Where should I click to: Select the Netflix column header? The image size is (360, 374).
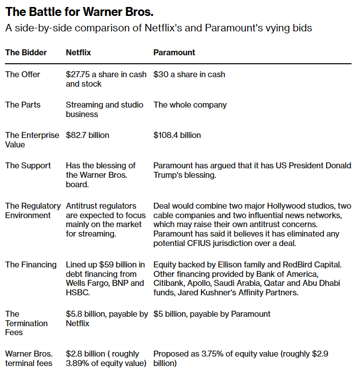(78, 52)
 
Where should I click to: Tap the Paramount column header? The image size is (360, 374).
(174, 52)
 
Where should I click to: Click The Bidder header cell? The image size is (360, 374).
(26, 52)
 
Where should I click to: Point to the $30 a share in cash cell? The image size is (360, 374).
(189, 74)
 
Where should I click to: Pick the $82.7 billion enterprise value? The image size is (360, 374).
(87, 135)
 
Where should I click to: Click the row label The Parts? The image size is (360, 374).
(23, 105)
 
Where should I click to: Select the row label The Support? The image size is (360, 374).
(27, 165)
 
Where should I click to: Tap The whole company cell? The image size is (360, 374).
(190, 105)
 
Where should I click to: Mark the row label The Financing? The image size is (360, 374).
(31, 264)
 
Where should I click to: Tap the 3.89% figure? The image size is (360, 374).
(80, 363)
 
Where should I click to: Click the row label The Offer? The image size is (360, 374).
(23, 74)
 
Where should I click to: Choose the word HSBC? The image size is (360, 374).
(77, 293)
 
